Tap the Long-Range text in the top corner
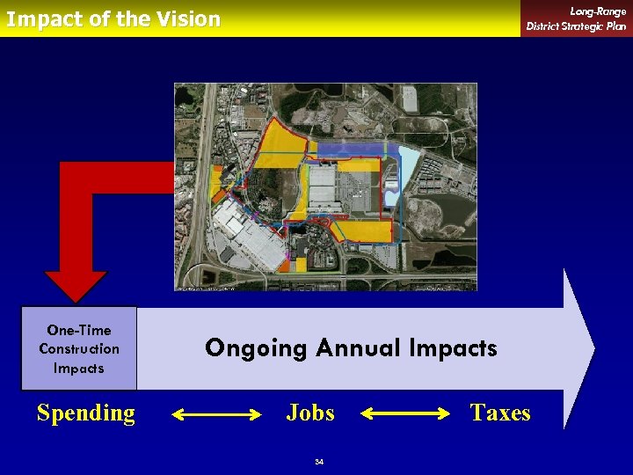[598, 11]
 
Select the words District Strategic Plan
[576, 26]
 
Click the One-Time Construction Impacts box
[79, 348]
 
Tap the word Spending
[86, 413]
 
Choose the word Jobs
[310, 413]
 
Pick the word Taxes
[499, 413]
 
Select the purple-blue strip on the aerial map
[352, 150]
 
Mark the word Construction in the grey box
[79, 349]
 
